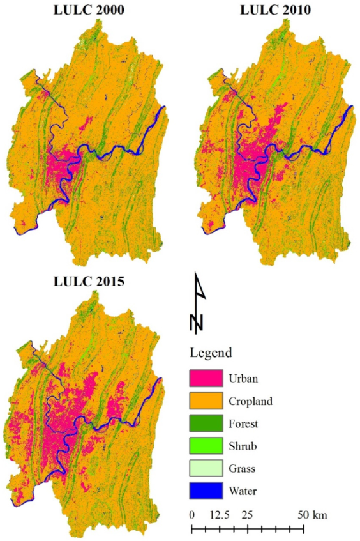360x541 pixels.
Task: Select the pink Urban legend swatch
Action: pos(205,378)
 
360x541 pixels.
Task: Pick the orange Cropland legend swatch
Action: pos(205,400)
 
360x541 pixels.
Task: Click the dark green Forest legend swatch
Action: pos(205,423)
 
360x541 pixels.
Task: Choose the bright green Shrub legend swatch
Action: pos(205,445)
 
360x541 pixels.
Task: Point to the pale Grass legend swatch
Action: pos(205,468)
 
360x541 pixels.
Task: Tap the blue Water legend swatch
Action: pos(205,491)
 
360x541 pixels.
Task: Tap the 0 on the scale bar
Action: pos(192,515)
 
